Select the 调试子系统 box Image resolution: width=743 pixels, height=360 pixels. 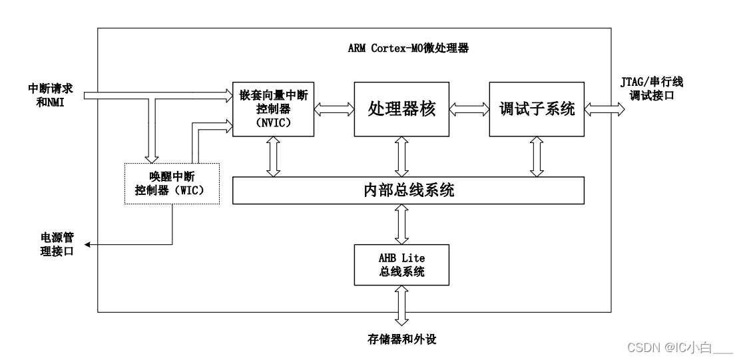[536, 108]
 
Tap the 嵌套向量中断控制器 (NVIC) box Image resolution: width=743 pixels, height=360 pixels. [273, 108]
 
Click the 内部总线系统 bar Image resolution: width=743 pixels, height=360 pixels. [407, 191]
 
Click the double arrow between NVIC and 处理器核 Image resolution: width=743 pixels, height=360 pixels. [334, 108]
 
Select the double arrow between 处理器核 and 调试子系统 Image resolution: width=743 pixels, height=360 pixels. [469, 108]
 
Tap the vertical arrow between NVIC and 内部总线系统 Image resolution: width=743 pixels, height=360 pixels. [273, 157]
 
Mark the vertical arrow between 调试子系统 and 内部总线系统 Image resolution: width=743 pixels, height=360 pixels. [536, 157]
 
